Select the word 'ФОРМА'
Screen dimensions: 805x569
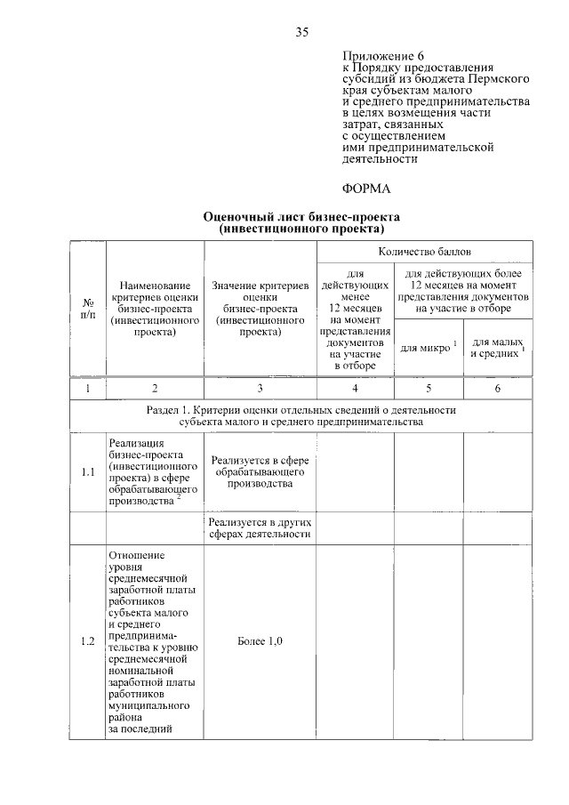coord(366,189)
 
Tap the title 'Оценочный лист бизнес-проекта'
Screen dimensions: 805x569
coord(301,216)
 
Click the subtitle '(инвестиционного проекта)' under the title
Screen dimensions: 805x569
coord(301,229)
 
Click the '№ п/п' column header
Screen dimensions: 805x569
coord(87,308)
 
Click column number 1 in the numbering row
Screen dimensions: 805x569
coord(87,388)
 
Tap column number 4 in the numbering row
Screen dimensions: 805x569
coord(355,388)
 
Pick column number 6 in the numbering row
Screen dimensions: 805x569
coord(497,388)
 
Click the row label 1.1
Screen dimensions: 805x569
coord(87,472)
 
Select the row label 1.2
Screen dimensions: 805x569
coord(87,642)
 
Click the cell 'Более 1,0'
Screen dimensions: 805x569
coord(260,642)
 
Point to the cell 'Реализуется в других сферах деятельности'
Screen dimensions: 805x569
coord(260,527)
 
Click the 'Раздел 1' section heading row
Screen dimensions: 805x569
coord(301,415)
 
